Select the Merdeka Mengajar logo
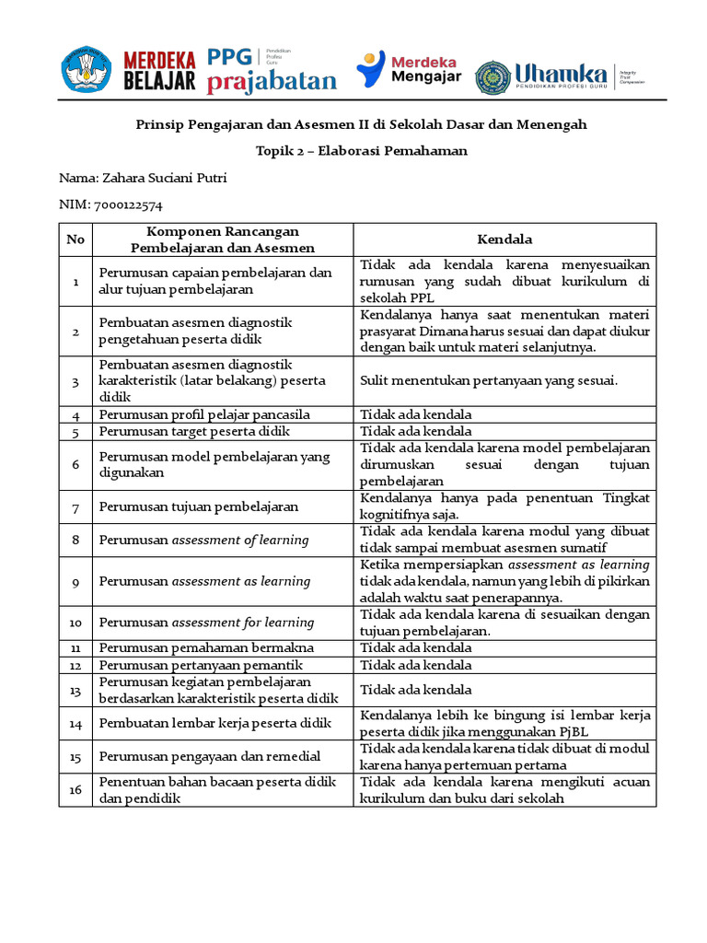[409, 70]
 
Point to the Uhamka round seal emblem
[493, 77]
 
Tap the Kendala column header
[504, 239]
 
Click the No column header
[75, 239]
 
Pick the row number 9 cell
[75, 581]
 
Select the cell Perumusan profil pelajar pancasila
[204, 414]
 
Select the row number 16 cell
[75, 790]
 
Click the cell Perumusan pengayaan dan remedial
[209, 756]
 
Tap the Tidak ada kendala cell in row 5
[415, 431]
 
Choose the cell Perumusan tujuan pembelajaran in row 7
[198, 506]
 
